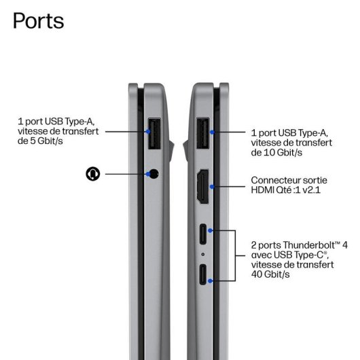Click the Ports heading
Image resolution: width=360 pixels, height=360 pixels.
point(38,21)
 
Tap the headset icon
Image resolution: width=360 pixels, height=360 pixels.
point(93,174)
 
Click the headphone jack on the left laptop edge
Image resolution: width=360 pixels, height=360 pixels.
point(154,174)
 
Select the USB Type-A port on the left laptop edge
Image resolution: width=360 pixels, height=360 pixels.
point(154,133)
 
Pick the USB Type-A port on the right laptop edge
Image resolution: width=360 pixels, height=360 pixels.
point(203,133)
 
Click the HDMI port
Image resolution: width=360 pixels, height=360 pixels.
point(202,186)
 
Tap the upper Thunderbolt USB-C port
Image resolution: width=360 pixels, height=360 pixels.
point(203,234)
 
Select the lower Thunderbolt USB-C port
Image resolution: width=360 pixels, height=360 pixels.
point(203,274)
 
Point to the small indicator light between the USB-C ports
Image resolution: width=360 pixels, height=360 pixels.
point(202,254)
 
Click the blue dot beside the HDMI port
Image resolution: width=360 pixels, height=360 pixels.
point(212,187)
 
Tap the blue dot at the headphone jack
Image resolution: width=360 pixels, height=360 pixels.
point(148,174)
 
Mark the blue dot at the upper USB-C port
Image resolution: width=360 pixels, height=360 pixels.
point(210,230)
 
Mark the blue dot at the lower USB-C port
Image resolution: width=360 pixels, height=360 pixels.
point(210,281)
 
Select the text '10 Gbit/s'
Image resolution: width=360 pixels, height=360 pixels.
point(283,152)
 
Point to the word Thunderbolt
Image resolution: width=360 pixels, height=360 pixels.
point(312,245)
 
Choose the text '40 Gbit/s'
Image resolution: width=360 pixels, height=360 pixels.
point(270,274)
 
